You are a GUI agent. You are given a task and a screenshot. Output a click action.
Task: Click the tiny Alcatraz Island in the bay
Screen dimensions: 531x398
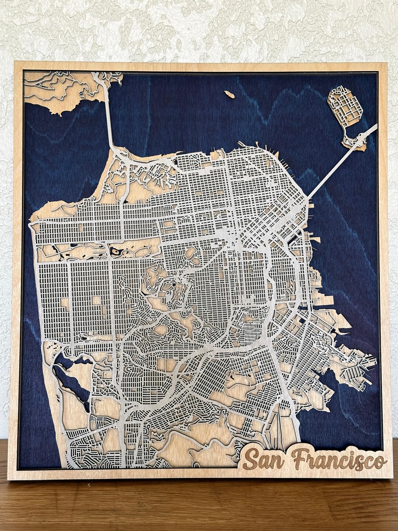pos(231,95)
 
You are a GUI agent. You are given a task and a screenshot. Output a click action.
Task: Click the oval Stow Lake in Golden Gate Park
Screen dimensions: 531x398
pos(116,252)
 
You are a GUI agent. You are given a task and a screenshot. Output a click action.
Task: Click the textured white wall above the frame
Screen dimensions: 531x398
pos(199,29)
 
